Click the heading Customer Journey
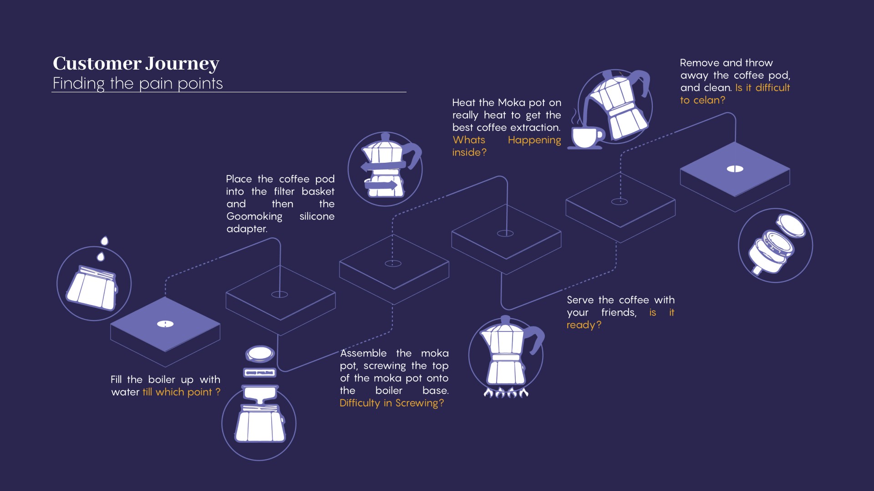(x=136, y=64)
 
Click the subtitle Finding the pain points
(x=137, y=84)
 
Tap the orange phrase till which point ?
(x=181, y=392)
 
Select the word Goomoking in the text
(x=254, y=217)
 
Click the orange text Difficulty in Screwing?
(x=391, y=403)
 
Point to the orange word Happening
(x=534, y=140)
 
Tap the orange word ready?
(x=584, y=325)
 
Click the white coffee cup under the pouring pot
(x=587, y=137)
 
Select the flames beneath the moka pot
(x=506, y=392)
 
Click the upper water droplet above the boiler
(x=105, y=240)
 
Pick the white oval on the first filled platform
(x=165, y=324)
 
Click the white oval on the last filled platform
(x=735, y=169)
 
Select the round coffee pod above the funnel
(x=260, y=353)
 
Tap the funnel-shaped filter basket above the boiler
(x=260, y=393)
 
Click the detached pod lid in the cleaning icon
(x=792, y=225)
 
